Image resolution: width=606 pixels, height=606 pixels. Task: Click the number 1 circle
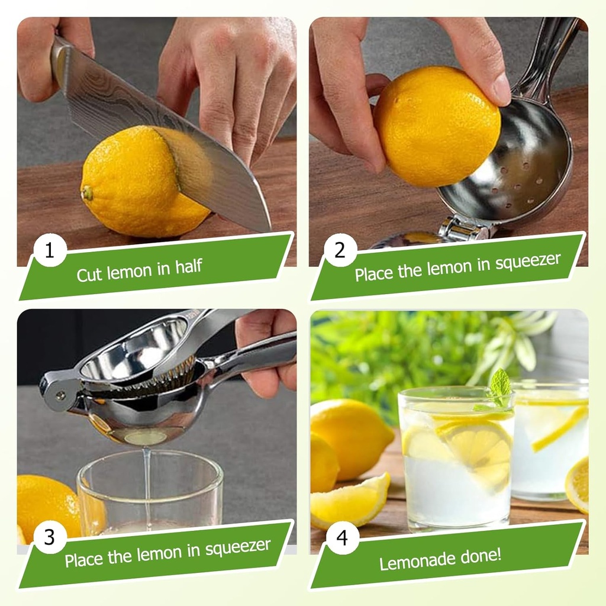tap(50, 250)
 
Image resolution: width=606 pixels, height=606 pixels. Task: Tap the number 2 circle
tap(340, 250)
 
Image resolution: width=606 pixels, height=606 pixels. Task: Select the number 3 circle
tap(50, 537)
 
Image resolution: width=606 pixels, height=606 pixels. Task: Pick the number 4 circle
tap(342, 537)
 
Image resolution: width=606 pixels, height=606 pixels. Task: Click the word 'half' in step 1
tap(189, 267)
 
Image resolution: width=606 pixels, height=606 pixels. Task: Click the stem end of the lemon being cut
tap(88, 193)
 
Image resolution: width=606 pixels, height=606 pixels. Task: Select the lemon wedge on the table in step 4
tap(349, 500)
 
